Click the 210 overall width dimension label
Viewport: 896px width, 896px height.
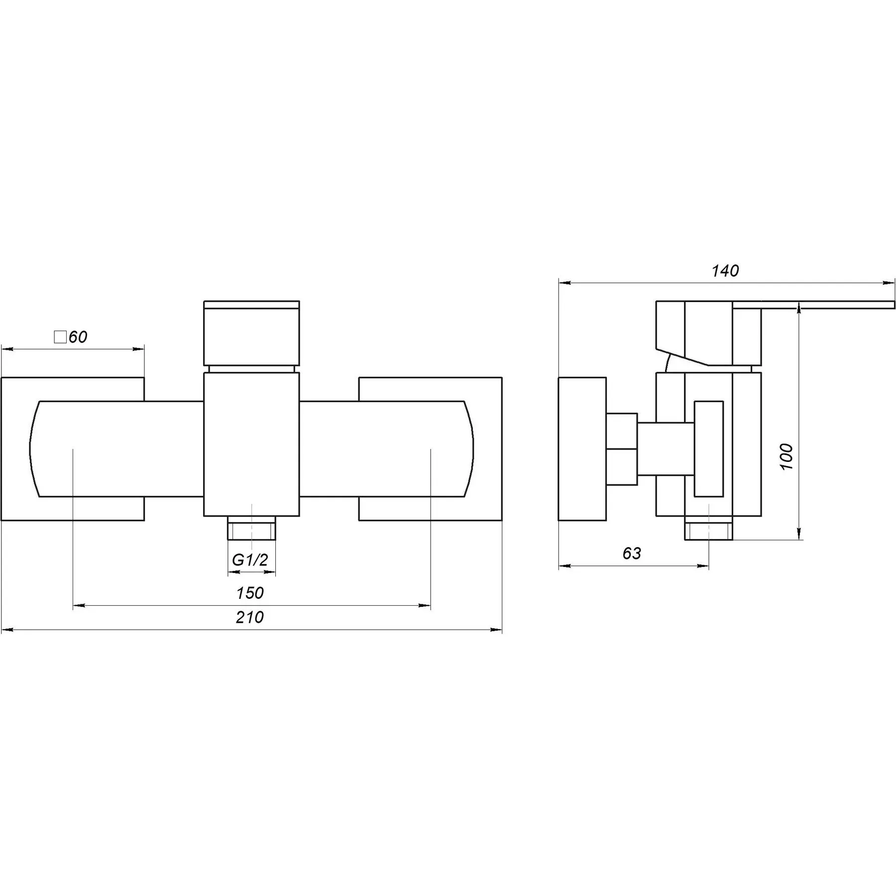click(249, 617)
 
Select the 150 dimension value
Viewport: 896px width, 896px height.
click(250, 593)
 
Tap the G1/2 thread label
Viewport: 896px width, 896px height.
click(250, 560)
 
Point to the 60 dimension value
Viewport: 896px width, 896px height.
click(78, 337)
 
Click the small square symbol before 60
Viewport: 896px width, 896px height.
click(60, 337)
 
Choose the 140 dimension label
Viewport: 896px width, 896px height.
click(725, 271)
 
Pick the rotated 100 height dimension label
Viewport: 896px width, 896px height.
click(786, 456)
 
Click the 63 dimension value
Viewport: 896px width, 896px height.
click(632, 554)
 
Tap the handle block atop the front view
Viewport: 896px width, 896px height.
click(251, 333)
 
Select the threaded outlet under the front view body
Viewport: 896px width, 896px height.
click(251, 528)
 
